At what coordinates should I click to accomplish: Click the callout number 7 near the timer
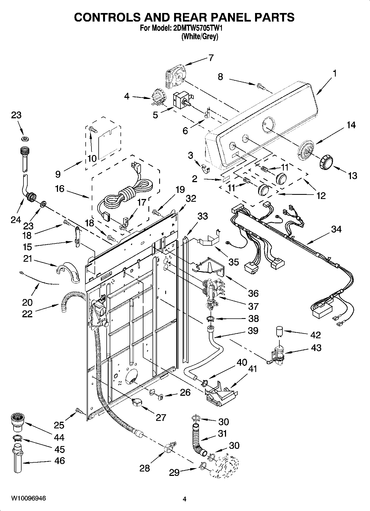coord(211,58)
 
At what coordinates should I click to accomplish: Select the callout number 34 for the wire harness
coord(336,229)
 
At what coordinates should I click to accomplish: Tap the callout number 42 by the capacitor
coord(316,335)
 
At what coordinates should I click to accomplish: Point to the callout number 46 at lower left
coord(60,461)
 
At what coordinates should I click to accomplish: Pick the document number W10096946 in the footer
coord(28,499)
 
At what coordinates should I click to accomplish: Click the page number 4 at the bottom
coord(185,499)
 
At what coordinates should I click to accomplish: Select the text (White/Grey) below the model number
coord(200,36)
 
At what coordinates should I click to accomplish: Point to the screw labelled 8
coord(261,87)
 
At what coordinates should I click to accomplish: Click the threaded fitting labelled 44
coord(17,422)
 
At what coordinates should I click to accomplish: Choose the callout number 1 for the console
coord(335,74)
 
